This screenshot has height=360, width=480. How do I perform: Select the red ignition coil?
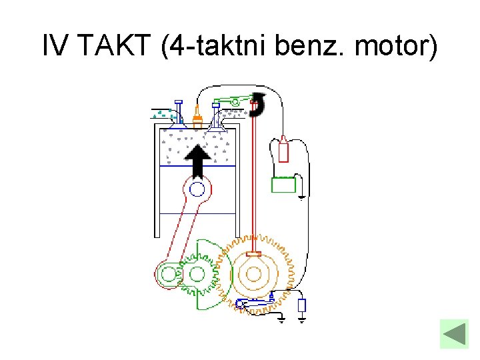tap(283, 149)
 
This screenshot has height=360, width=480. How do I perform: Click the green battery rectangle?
tap(283, 184)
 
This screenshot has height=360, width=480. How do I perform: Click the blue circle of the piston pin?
tap(197, 190)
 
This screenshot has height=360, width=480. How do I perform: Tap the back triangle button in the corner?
tap(455, 333)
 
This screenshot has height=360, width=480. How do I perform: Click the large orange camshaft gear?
tap(255, 272)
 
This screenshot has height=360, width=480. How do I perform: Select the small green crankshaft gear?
tap(197, 273)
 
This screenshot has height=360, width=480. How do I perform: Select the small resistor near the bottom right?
tap(301, 305)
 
